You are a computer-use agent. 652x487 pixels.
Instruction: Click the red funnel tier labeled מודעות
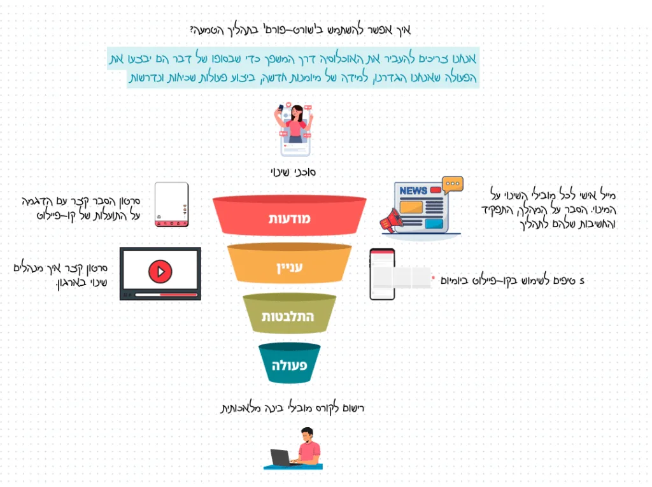click(290, 215)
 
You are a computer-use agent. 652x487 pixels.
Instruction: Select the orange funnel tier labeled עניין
click(290, 264)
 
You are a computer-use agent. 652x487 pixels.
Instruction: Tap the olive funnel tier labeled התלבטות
click(290, 314)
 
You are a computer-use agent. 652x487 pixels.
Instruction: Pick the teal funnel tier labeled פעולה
click(290, 363)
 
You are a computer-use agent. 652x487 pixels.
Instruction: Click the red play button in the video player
click(160, 271)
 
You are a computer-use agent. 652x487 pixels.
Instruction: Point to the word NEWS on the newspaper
click(413, 190)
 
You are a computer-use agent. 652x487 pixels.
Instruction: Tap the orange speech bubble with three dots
click(453, 185)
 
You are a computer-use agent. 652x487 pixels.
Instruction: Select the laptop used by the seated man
click(280, 458)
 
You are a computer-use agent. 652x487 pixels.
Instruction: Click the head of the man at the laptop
click(307, 435)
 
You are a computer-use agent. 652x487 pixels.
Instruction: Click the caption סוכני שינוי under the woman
click(293, 172)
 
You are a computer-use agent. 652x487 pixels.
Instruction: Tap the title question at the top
click(301, 29)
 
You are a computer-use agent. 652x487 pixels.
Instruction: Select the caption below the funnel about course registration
click(292, 408)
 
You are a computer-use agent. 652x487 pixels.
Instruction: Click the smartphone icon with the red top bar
click(382, 274)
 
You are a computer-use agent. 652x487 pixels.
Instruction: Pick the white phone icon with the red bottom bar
click(171, 204)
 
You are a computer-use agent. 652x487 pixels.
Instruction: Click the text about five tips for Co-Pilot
click(513, 281)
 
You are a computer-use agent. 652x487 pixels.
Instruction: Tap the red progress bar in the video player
click(178, 295)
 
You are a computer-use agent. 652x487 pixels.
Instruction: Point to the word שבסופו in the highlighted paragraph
click(226, 59)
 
